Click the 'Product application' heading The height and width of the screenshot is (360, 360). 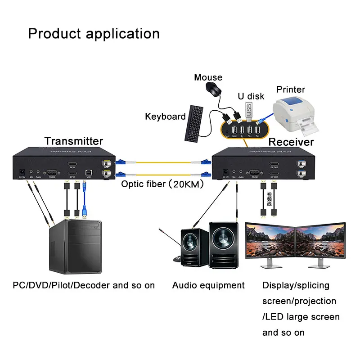click(94, 34)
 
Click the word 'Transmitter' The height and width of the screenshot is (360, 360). click(73, 141)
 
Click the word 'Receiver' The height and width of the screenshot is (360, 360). click(291, 142)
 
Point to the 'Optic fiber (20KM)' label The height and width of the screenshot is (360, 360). click(163, 184)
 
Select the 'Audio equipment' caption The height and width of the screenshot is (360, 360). click(208, 285)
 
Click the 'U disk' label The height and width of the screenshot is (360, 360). click(251, 96)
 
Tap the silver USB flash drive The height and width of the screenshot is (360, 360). click(249, 111)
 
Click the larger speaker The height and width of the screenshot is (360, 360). click(224, 248)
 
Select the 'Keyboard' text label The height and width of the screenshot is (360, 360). click(165, 117)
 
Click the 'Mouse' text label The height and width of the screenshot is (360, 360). click(208, 77)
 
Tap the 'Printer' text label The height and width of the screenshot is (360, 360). click(291, 90)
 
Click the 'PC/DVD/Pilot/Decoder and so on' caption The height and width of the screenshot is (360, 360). click(84, 285)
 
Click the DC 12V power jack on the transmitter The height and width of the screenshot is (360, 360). click(20, 171)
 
